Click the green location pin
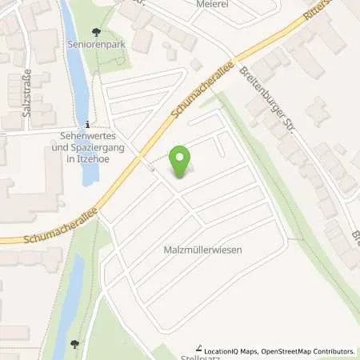coord(181,159)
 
